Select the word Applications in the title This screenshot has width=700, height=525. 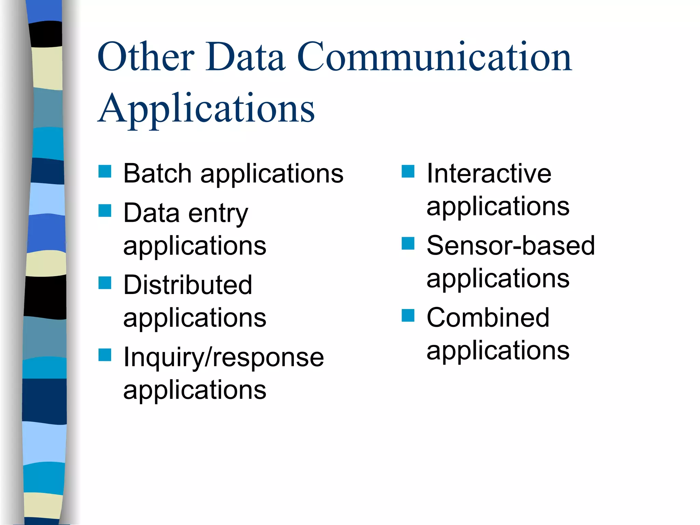tap(206, 109)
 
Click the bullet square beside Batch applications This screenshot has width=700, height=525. tap(105, 171)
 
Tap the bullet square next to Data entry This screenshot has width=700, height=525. tap(105, 211)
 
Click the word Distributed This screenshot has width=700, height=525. tap(188, 285)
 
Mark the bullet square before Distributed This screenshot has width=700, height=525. tap(105, 283)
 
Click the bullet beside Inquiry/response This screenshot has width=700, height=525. tap(105, 355)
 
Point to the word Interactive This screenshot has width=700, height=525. tap(489, 174)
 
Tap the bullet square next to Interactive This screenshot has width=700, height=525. tap(408, 171)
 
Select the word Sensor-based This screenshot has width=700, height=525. tap(511, 246)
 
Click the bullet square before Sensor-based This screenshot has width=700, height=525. tap(408, 243)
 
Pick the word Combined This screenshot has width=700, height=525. tap(488, 318)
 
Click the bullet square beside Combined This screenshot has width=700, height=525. tap(408, 315)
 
